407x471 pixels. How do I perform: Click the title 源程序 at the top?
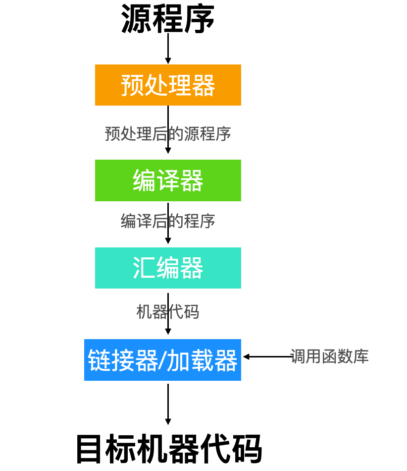pos(168,20)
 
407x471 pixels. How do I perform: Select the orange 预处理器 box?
pos(168,85)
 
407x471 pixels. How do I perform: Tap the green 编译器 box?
pos(168,180)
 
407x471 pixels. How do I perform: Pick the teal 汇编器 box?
pos(168,268)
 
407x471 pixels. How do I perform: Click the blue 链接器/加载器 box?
pos(162,360)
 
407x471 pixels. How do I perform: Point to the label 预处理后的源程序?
pos(168,134)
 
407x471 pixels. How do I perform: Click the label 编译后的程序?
pos(168,221)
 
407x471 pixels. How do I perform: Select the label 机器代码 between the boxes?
pos(168,312)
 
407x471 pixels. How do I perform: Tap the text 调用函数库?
pos(329,356)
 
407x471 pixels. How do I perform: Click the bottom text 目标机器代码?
pos(169,449)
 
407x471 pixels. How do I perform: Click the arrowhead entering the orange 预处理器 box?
pos(168,60)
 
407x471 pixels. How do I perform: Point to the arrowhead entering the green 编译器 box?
pos(168,150)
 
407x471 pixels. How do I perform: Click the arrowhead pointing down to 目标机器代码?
pos(168,421)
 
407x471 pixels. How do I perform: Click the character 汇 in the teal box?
pos(144,268)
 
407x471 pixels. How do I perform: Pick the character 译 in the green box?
pos(168,180)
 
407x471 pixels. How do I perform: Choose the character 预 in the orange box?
pos(132,85)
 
